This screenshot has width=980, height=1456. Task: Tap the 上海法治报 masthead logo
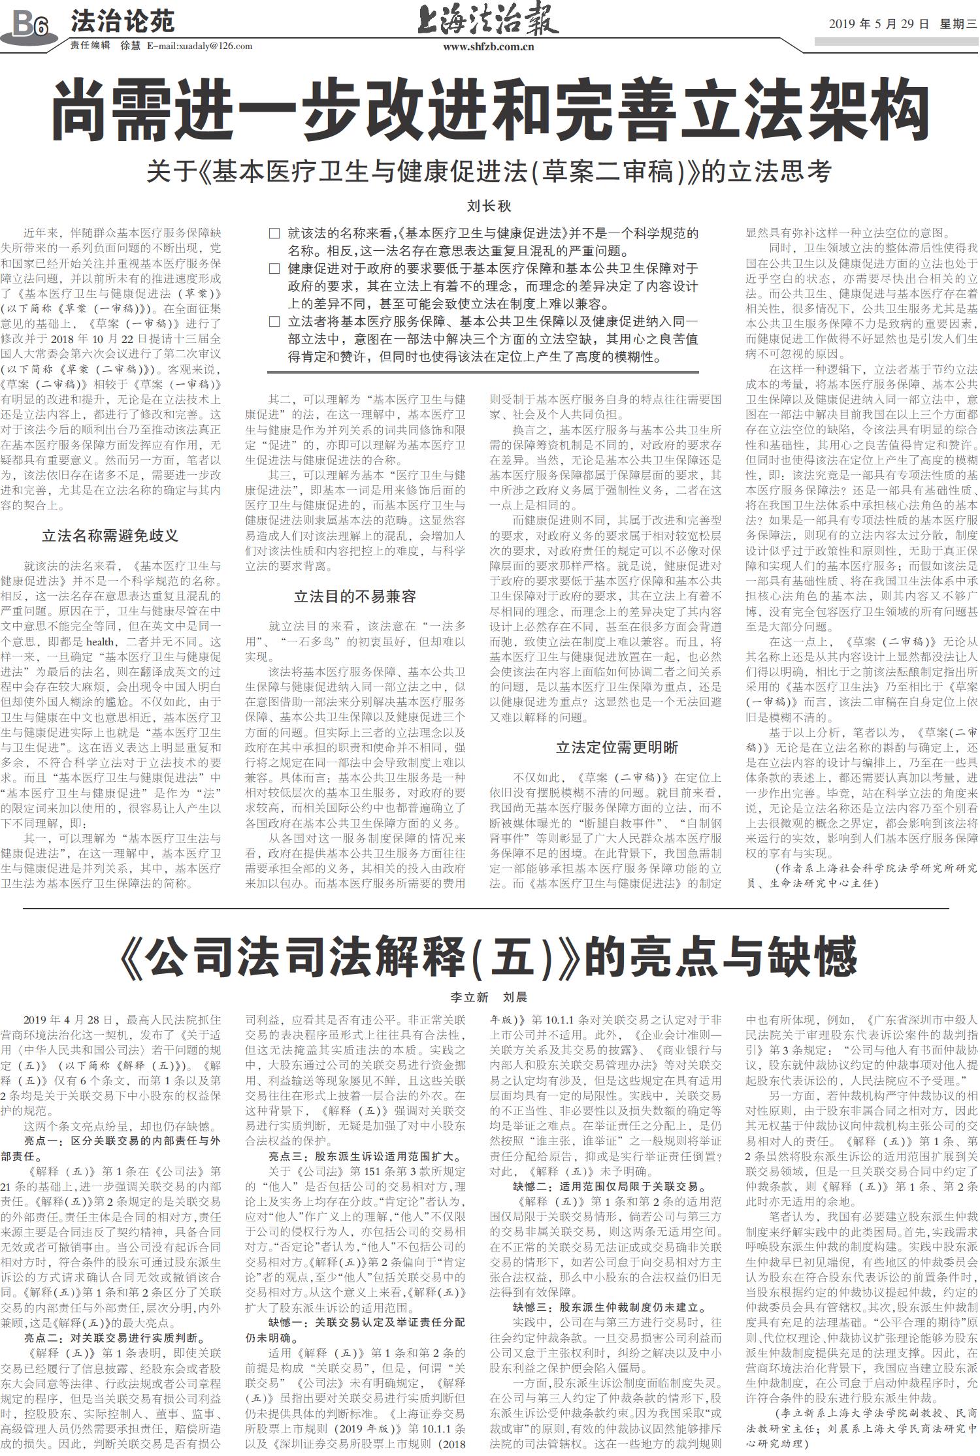[x=488, y=20]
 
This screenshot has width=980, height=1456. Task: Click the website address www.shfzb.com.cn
[x=488, y=46]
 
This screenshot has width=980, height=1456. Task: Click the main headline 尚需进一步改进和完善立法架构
[x=490, y=109]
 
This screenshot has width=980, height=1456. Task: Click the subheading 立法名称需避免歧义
[x=110, y=536]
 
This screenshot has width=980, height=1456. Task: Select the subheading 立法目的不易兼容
[x=355, y=596]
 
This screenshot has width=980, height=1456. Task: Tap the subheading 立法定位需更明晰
[x=617, y=747]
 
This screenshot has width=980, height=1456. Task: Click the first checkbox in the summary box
[x=274, y=234]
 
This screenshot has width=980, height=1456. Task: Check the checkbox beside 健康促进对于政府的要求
[x=274, y=268]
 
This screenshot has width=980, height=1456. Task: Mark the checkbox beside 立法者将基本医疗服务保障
[x=274, y=321]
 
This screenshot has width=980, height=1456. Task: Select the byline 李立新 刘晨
[x=489, y=997]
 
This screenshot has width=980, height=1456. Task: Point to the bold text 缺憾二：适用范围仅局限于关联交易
[x=608, y=1186]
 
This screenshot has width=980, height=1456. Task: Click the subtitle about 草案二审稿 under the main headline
[x=489, y=171]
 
